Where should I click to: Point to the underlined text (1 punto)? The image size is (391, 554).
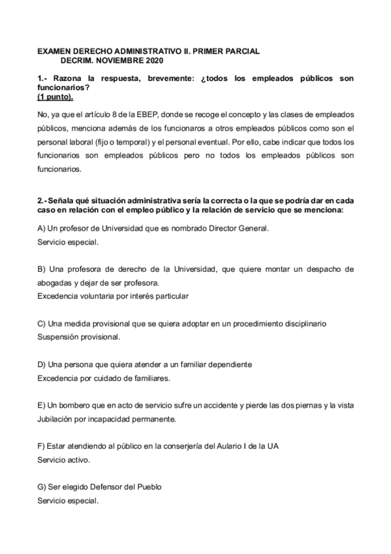(55, 96)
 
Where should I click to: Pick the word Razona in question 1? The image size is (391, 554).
(70, 78)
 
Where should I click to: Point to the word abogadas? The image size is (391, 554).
(56, 282)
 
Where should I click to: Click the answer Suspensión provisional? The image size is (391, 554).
(78, 337)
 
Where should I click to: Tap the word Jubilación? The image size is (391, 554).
(57, 419)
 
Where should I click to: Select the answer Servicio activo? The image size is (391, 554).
(63, 459)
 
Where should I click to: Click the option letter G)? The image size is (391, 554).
(42, 487)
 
